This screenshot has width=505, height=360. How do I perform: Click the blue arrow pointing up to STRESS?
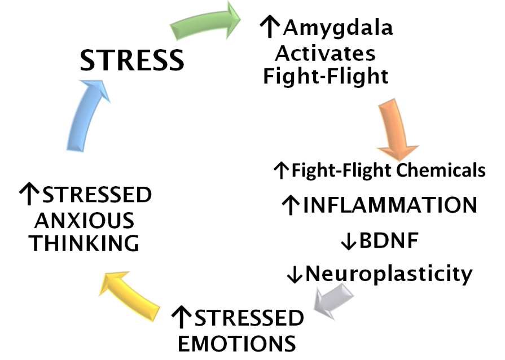point(85,115)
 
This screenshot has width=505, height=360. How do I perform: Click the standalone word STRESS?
point(132,60)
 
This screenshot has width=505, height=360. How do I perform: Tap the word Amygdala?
point(338,27)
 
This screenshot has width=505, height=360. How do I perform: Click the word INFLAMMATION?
point(390,205)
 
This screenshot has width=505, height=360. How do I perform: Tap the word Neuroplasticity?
point(389,274)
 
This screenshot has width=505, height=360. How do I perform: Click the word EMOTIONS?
point(233,343)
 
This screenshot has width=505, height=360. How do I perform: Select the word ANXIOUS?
point(82,219)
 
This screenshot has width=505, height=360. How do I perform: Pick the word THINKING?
point(85,243)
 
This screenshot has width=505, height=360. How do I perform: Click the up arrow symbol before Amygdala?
point(270,26)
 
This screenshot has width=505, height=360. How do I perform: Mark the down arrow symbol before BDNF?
point(348,242)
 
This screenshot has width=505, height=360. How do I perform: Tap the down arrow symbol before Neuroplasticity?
point(295,275)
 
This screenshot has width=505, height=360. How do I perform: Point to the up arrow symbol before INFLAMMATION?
point(290,206)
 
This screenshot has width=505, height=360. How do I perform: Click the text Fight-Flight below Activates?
point(326,76)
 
